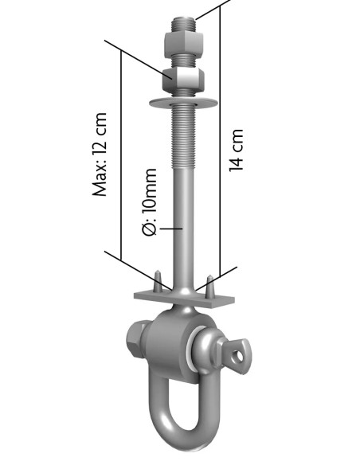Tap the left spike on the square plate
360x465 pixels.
point(158,281)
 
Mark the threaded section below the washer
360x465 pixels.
point(184,135)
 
